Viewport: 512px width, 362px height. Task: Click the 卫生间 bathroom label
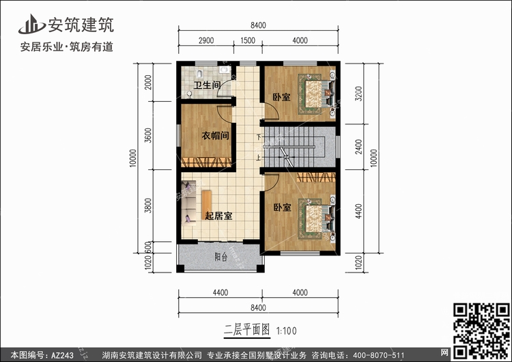(207, 85)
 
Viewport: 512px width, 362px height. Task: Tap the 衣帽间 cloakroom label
(215, 135)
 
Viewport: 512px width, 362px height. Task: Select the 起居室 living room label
(218, 216)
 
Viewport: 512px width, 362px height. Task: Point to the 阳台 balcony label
(221, 257)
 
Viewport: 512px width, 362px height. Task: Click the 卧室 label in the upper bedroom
(281, 97)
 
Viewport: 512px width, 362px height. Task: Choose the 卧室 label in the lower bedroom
(282, 207)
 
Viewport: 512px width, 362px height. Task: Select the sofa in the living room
(188, 203)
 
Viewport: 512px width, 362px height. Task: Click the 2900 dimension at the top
(206, 40)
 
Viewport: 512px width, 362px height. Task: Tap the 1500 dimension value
(248, 40)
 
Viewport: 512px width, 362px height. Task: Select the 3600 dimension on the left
(148, 135)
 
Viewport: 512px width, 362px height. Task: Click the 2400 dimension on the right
(358, 147)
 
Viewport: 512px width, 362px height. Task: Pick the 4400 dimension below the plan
(220, 292)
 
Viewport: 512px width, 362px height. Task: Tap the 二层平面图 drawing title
(247, 330)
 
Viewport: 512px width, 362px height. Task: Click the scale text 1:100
(286, 331)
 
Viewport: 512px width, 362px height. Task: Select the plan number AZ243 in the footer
(62, 354)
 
